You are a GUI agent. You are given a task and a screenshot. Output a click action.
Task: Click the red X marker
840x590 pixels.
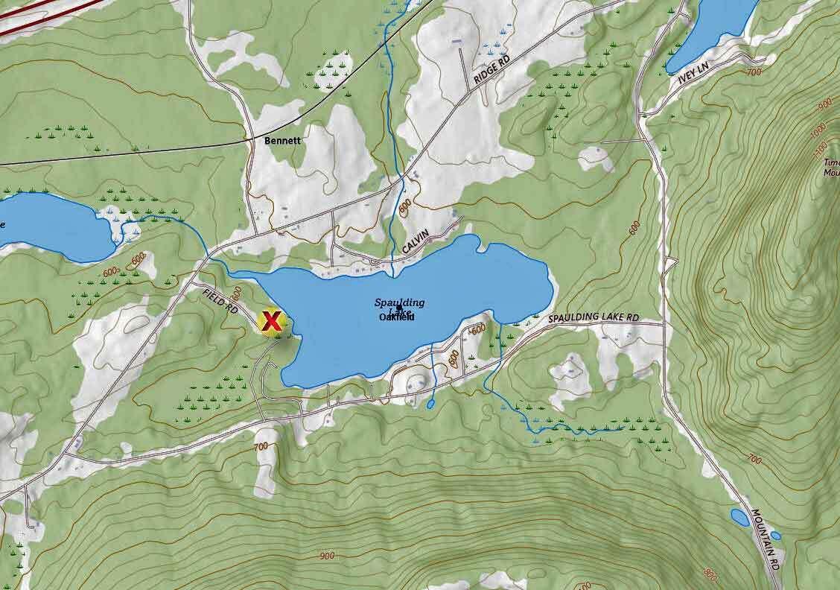[x=273, y=322]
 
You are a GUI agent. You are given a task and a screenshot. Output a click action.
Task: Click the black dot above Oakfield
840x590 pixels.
[x=400, y=308]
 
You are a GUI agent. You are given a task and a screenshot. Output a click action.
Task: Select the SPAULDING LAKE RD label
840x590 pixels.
[x=594, y=318]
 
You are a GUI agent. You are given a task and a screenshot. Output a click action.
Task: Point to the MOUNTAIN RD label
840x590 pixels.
[x=767, y=536]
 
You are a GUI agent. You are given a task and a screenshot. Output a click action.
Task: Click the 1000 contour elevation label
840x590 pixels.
[x=818, y=128]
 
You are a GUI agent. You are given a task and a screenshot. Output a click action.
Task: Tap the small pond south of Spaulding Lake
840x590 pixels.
[x=430, y=405]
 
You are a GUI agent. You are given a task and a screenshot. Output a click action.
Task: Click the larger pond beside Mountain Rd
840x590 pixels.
[x=739, y=517]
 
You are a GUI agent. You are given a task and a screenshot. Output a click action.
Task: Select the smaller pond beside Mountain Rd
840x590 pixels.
[x=775, y=536]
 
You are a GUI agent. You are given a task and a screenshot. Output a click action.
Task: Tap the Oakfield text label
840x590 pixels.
[x=396, y=317]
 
